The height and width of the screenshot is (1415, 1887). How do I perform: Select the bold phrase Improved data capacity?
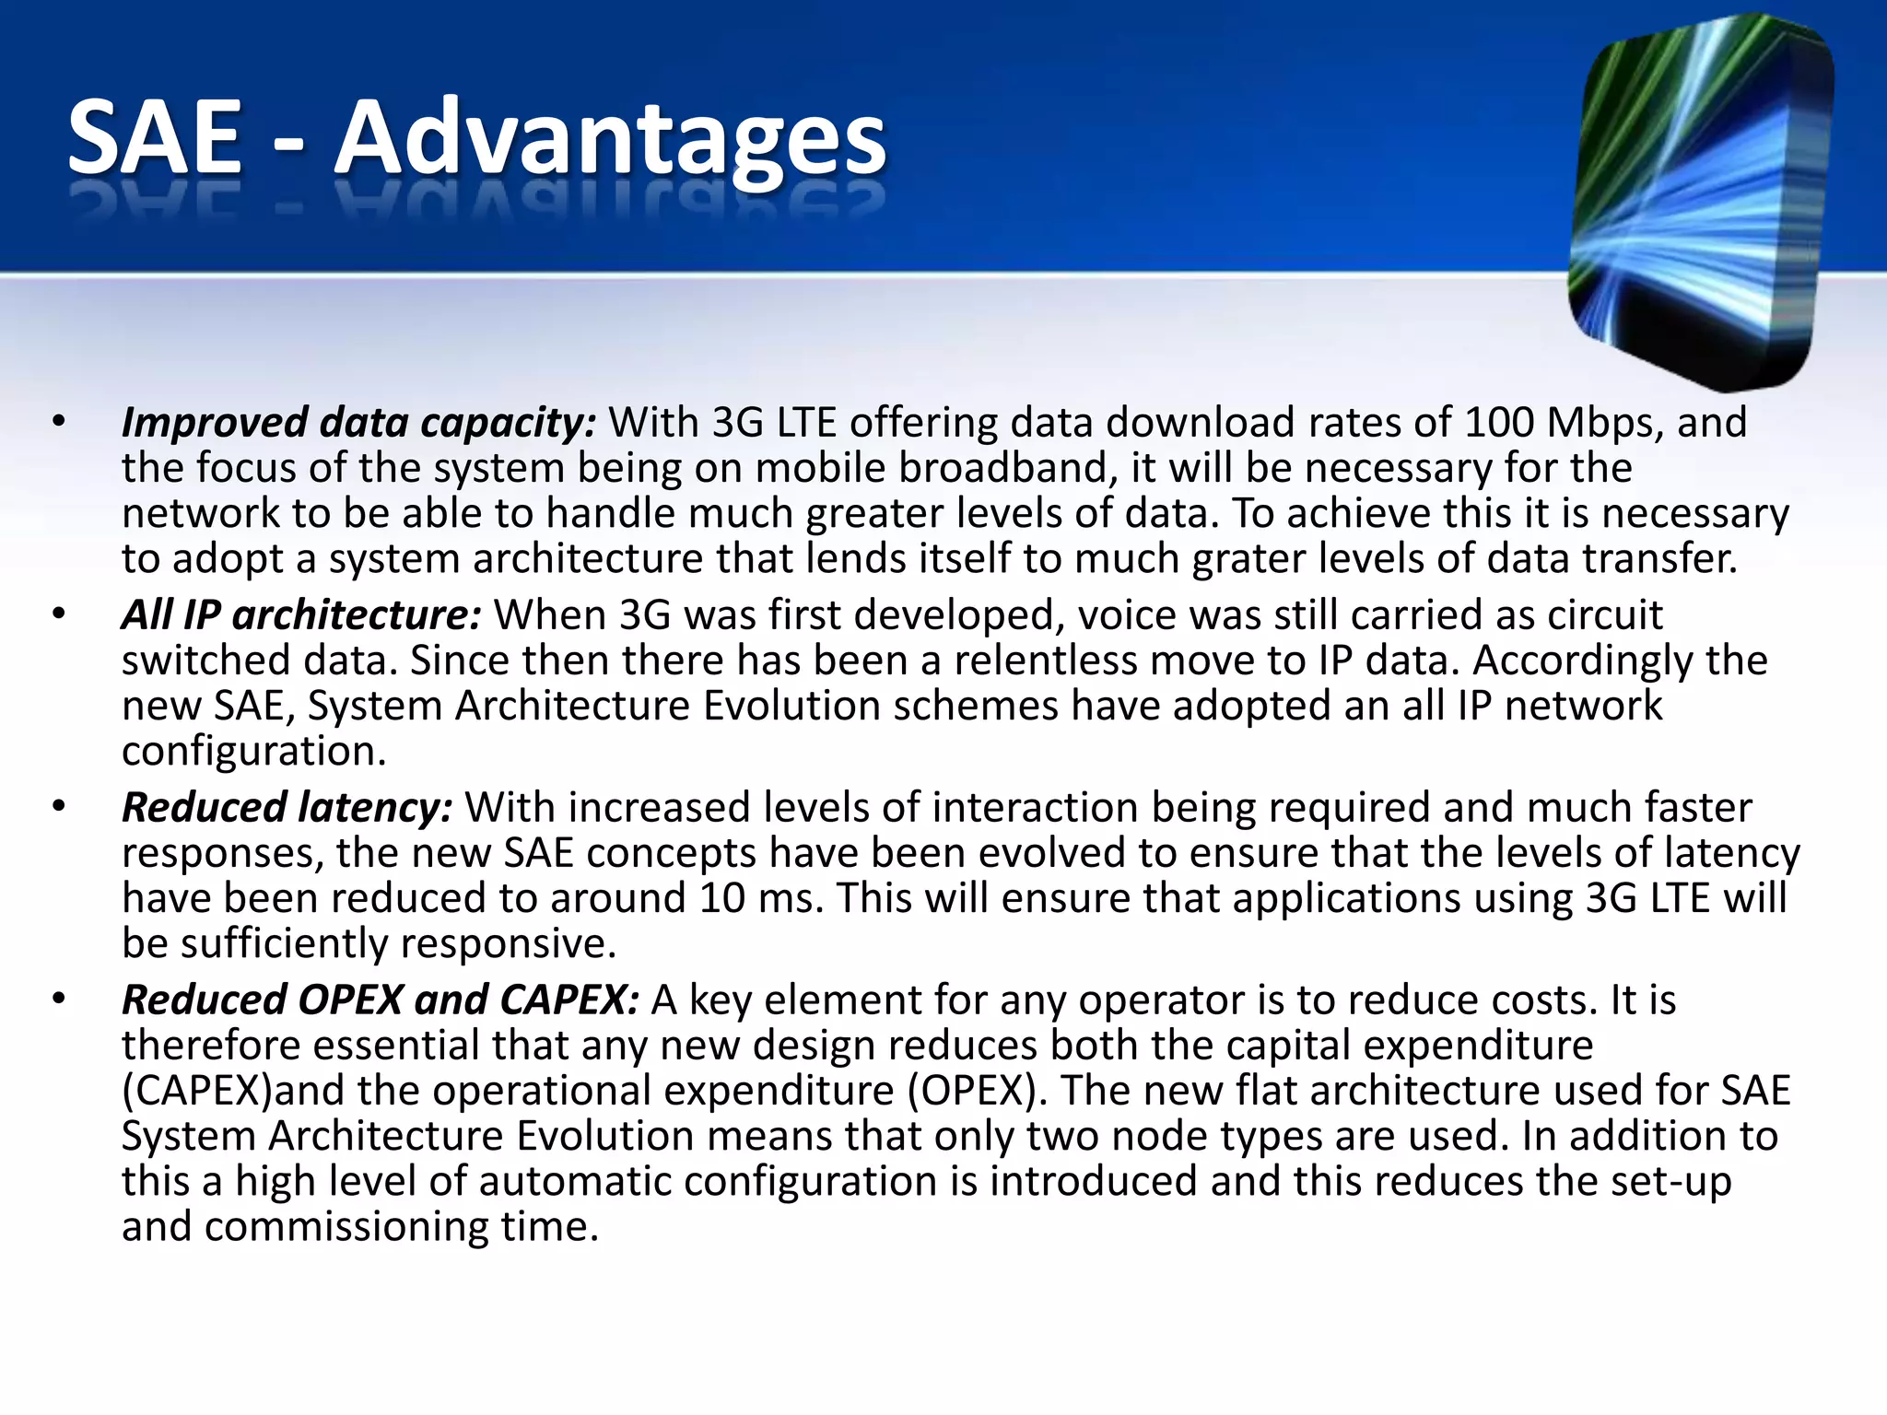coord(359,423)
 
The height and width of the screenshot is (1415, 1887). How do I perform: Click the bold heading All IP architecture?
coord(301,615)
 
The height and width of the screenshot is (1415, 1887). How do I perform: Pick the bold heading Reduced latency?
coord(287,808)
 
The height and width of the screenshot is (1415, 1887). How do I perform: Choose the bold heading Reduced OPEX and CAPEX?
coord(380,1000)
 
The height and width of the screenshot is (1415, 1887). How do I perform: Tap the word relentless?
coord(1045,661)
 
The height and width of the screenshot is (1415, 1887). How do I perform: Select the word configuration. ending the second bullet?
coord(253,752)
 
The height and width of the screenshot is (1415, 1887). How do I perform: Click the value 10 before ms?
coord(721,898)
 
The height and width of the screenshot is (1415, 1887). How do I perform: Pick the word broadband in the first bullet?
coord(1001,468)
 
